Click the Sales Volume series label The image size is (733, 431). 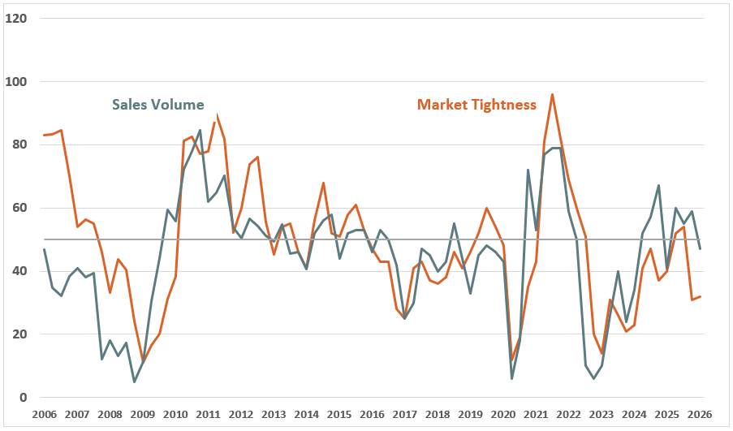tap(157, 104)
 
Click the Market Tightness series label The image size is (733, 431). tap(476, 104)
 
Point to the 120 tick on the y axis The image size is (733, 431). tap(16, 18)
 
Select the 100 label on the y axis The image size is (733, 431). tap(16, 81)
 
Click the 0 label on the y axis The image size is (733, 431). tap(23, 398)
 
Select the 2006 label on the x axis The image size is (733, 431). tap(44, 415)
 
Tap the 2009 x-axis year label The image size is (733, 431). tap(143, 415)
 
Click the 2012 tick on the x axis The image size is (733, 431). tap(240, 415)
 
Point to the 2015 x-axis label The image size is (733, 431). tap(338, 415)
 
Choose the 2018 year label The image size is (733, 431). tap(437, 415)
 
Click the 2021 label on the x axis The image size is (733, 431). tap(535, 415)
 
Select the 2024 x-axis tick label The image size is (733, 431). tap(633, 415)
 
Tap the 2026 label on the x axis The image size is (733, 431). tap(699, 415)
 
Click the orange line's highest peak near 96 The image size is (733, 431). tap(552, 94)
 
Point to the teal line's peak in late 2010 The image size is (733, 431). tap(200, 130)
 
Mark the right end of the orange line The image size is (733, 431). tap(699, 296)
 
